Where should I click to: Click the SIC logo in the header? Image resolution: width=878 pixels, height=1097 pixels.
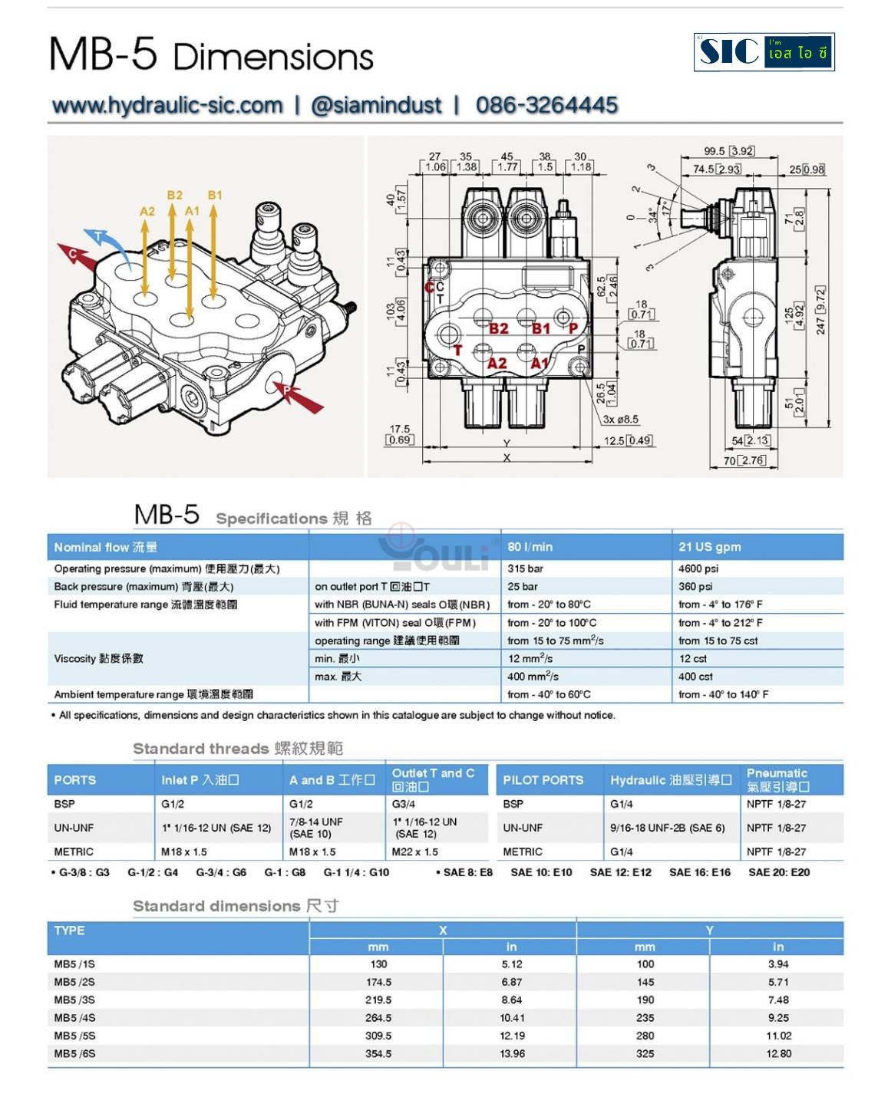764,52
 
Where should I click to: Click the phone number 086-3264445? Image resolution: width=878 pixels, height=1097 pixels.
546,105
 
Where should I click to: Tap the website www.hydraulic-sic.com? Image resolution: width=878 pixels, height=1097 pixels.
167,105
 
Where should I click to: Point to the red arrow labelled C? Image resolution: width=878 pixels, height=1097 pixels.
77,255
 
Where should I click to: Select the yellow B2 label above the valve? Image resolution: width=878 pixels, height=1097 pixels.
175,196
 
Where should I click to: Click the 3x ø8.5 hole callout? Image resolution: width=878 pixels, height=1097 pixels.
620,420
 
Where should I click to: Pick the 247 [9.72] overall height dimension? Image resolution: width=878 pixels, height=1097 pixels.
820,310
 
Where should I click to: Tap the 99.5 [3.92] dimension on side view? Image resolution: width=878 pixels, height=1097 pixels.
728,151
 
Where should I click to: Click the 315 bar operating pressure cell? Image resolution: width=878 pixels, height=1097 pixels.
525,568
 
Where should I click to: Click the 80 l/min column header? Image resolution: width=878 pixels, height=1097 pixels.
530,547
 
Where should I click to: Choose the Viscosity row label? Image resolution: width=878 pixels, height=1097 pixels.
98,658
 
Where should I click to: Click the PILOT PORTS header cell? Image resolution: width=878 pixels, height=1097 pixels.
543,780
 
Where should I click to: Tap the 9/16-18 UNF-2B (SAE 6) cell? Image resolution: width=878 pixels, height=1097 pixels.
667,828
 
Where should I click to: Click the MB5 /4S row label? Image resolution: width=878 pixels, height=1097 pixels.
74,1018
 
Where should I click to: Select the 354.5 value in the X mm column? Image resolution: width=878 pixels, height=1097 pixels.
378,1053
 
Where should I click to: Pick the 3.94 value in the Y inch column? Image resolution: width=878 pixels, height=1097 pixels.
777,964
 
